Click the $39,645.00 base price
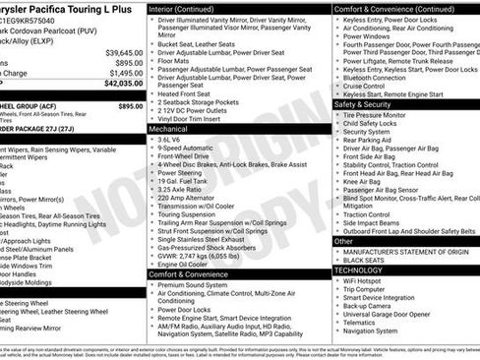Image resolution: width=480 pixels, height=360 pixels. coord(124,52)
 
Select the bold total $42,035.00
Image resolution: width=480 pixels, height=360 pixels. coord(124,84)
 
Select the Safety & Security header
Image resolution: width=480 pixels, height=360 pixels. coord(362,103)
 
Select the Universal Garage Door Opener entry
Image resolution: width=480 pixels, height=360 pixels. coord(397,314)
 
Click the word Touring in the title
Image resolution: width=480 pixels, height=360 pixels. coord(96,6)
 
